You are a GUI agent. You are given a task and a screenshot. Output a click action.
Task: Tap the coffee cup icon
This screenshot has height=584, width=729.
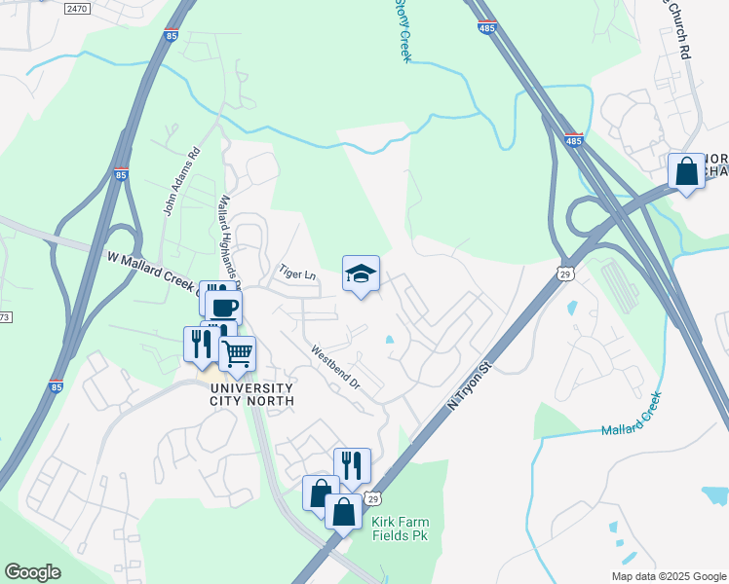[x=223, y=308]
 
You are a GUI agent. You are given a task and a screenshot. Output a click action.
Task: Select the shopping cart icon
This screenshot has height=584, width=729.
[x=237, y=354]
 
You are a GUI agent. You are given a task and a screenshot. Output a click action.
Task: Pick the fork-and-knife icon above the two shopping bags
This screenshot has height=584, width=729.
[x=352, y=465]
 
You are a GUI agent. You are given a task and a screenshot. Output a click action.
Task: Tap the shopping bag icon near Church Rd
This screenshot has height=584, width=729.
[x=687, y=170]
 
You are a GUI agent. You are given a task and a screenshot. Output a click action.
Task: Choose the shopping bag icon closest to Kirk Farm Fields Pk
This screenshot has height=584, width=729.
[x=343, y=511]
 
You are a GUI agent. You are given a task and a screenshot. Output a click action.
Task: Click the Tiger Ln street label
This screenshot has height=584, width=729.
[x=297, y=274]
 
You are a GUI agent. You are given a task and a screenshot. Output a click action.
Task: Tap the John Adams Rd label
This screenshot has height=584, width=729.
[x=181, y=180]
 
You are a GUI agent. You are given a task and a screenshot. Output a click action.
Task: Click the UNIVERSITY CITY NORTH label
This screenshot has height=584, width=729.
[x=252, y=393]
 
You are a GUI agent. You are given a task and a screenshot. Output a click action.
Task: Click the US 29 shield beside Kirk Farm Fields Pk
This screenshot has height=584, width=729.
[x=372, y=499]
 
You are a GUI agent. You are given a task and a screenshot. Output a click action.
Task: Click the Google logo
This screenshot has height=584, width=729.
[x=32, y=572]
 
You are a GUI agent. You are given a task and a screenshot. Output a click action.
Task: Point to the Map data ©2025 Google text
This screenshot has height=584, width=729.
[x=668, y=576]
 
